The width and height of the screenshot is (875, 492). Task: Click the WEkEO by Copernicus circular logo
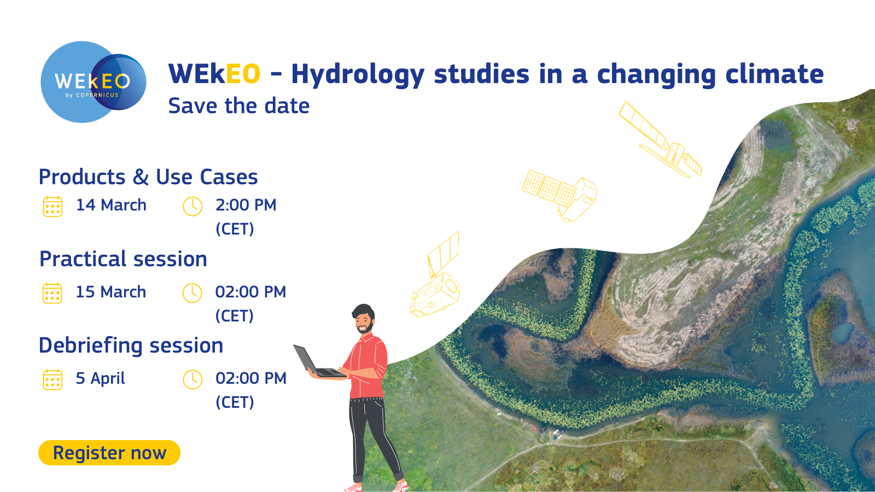click(94, 82)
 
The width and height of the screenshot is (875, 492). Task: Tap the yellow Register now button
click(109, 453)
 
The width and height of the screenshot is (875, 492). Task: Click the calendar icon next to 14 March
click(52, 207)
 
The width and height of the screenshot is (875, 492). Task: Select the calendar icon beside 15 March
click(52, 293)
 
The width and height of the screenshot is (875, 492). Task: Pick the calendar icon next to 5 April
click(52, 380)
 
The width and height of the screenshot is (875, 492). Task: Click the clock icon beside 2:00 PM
click(192, 207)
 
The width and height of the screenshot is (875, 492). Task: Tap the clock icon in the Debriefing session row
click(192, 379)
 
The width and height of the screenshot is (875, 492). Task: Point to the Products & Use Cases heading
click(148, 177)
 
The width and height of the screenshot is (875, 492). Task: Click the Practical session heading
click(123, 259)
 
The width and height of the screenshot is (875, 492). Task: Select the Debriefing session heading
click(131, 346)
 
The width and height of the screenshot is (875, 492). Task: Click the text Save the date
click(238, 106)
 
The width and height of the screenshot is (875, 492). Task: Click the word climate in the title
click(774, 74)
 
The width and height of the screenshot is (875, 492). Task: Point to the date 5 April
click(101, 378)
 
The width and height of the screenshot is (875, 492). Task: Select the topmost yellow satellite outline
click(660, 140)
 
